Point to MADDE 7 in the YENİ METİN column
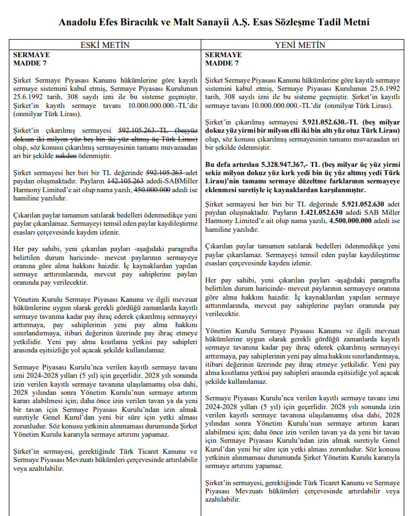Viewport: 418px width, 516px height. click(222, 63)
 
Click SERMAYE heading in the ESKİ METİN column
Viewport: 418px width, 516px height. click(31, 55)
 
